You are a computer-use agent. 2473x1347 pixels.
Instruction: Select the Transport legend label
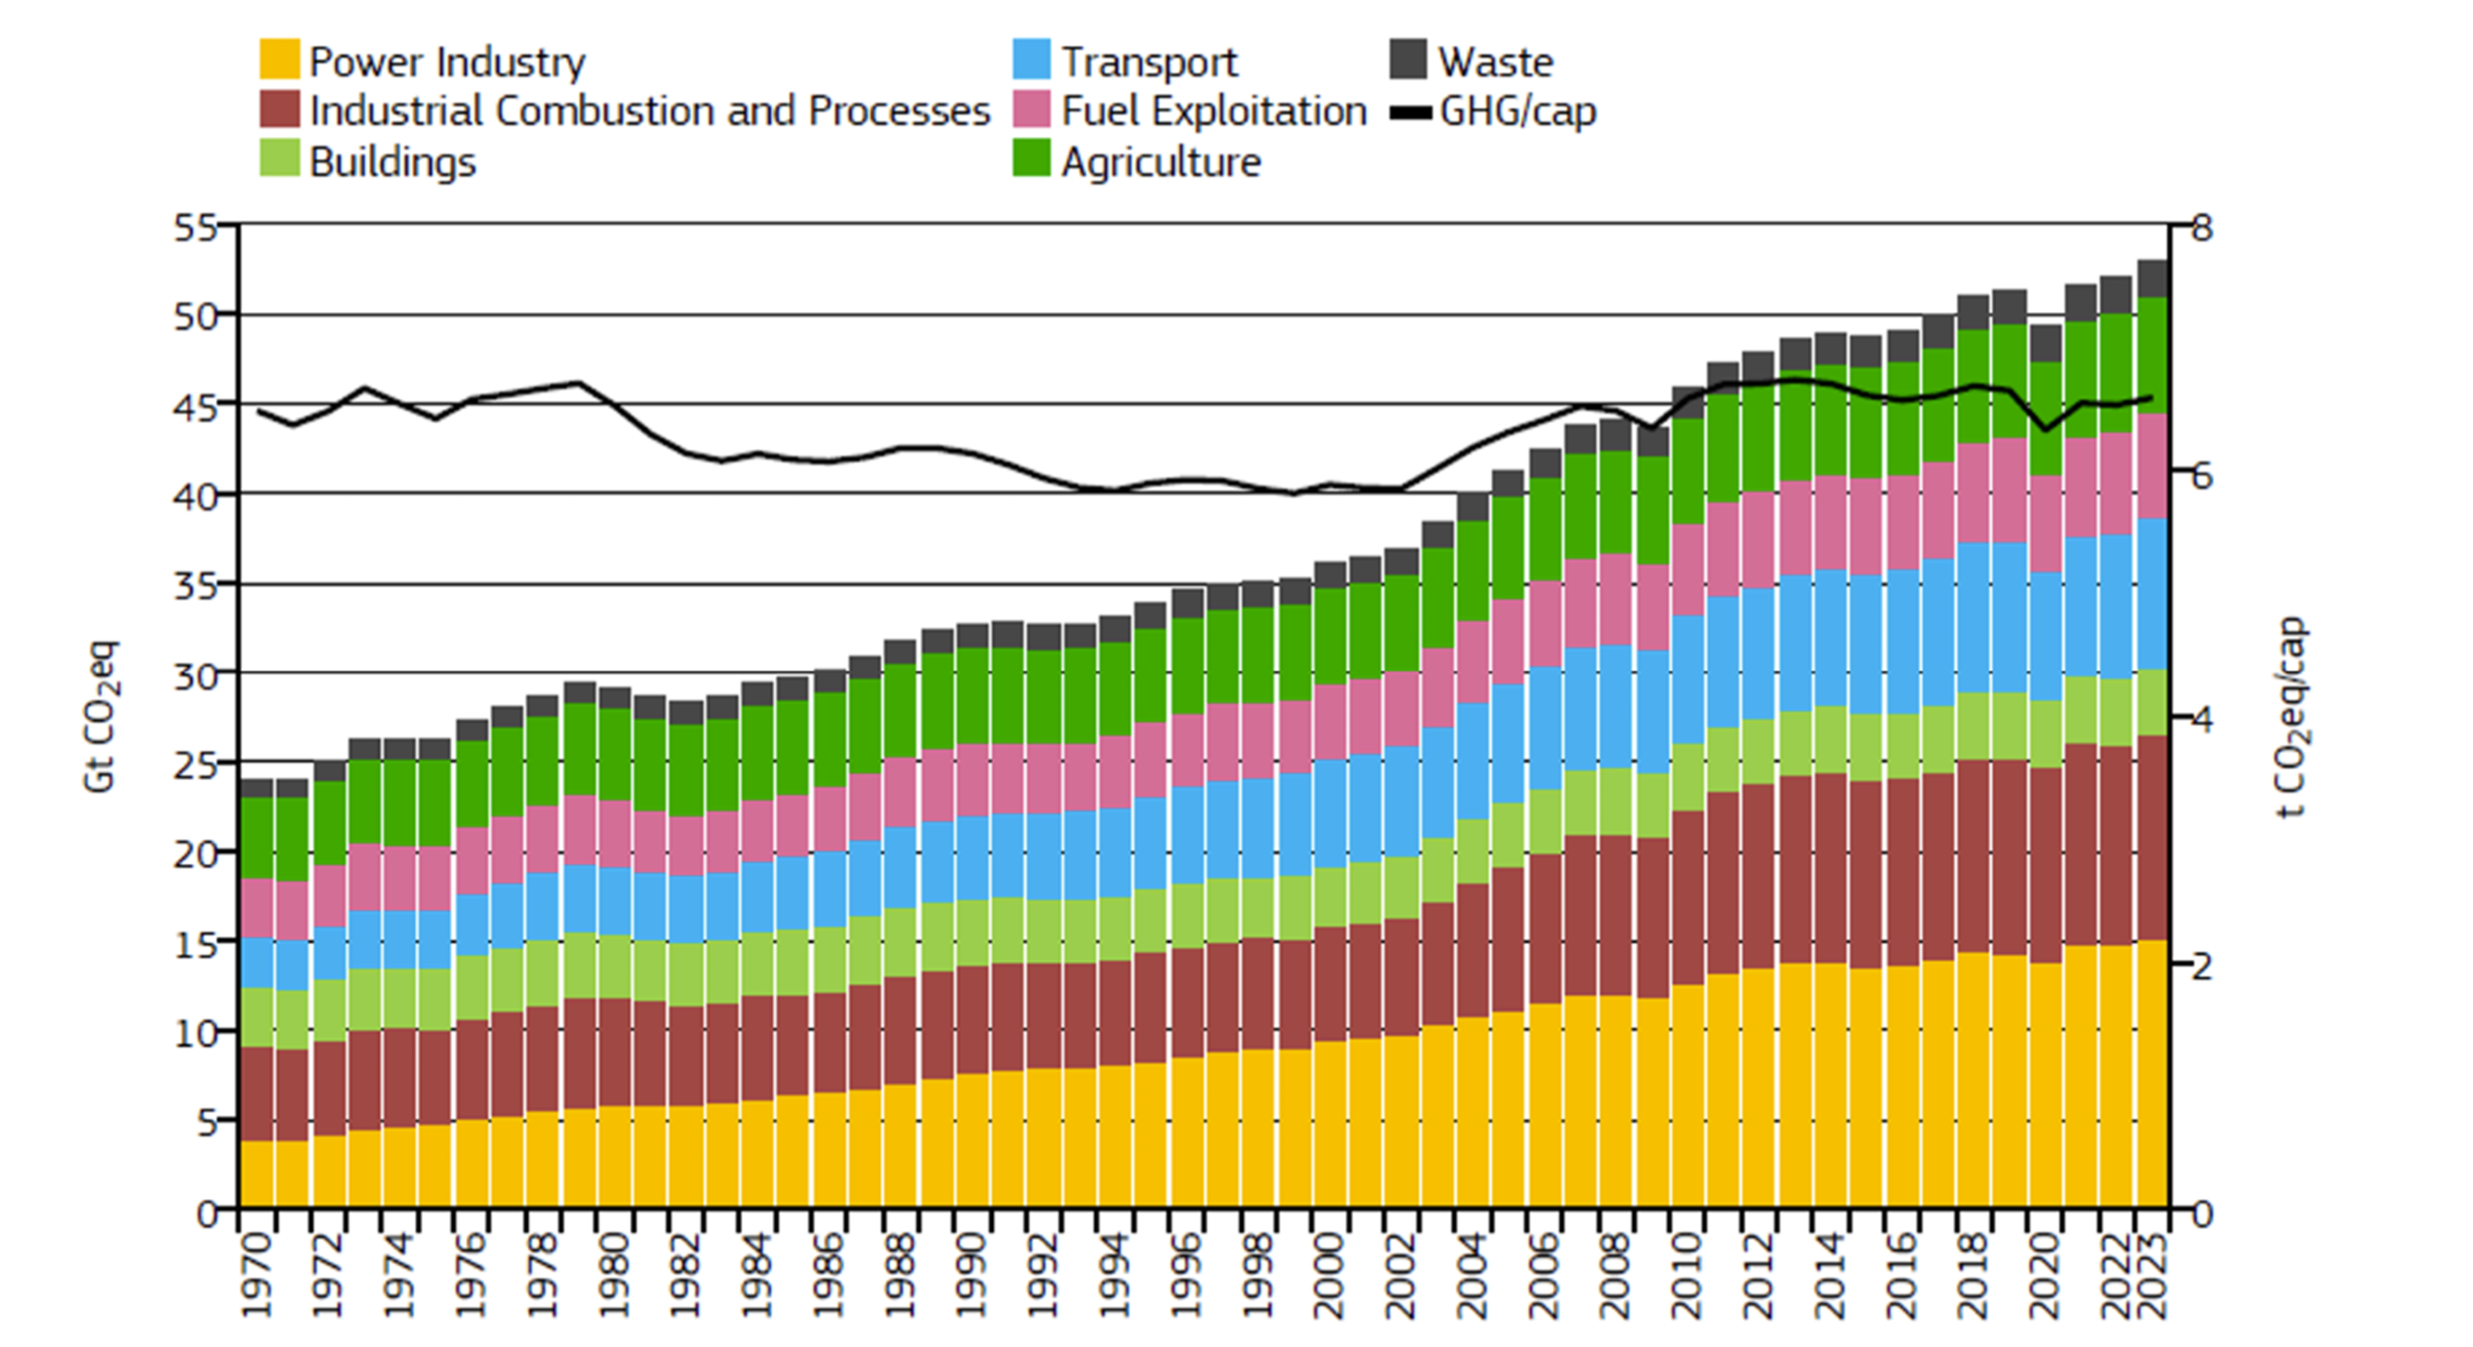(1149, 62)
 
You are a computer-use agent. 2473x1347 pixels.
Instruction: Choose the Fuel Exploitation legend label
(1214, 112)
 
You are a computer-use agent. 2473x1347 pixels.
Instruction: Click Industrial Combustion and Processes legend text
(649, 112)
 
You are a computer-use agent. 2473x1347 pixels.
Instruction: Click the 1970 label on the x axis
(257, 1275)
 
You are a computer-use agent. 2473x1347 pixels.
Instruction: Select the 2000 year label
(1329, 1275)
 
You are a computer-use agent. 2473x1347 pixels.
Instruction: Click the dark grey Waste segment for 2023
(2152, 278)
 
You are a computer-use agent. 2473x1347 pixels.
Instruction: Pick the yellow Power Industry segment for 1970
(257, 1173)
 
